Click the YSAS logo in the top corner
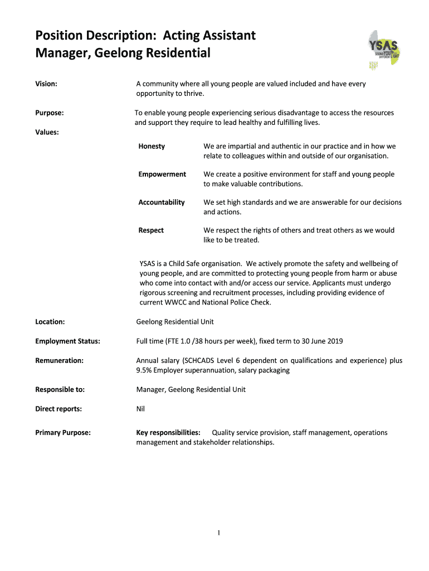(x=384, y=50)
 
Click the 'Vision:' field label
(x=47, y=84)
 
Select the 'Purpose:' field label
(x=49, y=113)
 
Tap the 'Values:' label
(x=47, y=132)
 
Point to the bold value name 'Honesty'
(x=152, y=146)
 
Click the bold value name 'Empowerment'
(x=162, y=174)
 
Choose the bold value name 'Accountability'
(x=162, y=202)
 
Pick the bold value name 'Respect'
(x=151, y=230)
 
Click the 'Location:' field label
(x=50, y=322)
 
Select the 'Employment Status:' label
(x=68, y=341)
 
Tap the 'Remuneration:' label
(x=60, y=361)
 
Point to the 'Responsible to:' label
(x=60, y=389)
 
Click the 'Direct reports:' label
(x=58, y=409)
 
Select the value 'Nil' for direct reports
(x=140, y=409)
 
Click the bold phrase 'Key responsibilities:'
(x=168, y=433)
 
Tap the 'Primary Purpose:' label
(x=63, y=433)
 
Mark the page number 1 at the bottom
(x=220, y=533)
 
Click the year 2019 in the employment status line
(x=335, y=341)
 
